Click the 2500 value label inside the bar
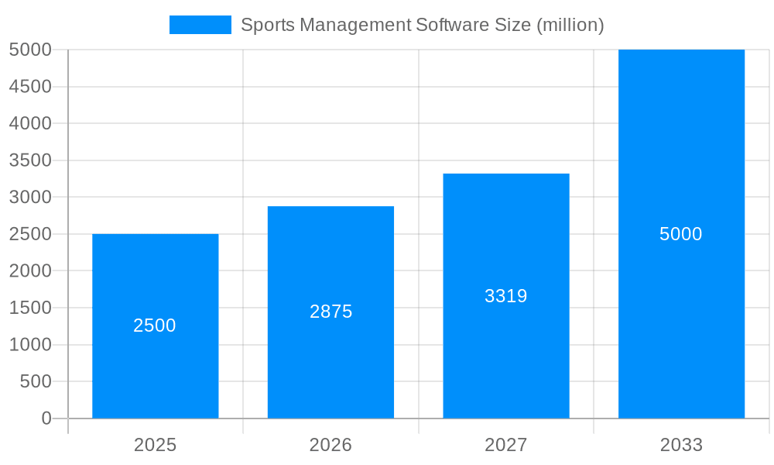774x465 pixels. point(155,325)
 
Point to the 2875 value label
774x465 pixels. point(330,312)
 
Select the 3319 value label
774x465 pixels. point(506,296)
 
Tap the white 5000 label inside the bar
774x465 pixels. point(681,234)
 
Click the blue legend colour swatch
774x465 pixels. point(200,25)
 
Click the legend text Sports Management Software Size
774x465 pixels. point(422,25)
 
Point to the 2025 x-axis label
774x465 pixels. point(155,445)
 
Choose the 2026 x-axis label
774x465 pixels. point(330,445)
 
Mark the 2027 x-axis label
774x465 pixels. point(506,445)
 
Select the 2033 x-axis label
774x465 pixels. point(681,445)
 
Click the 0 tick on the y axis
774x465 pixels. point(46,418)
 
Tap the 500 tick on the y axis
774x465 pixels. point(36,381)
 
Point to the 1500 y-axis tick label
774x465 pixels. point(30,308)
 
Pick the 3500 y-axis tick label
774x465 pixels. point(30,160)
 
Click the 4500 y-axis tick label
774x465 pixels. point(30,87)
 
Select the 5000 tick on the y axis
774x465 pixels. point(30,50)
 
